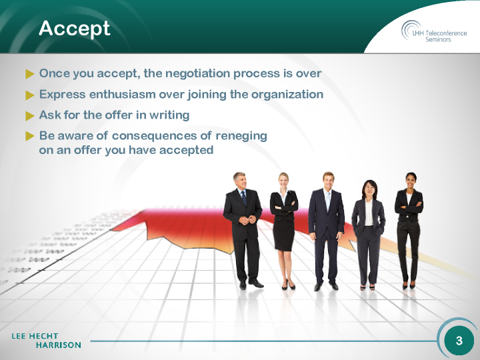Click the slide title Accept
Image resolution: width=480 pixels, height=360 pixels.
[75, 29]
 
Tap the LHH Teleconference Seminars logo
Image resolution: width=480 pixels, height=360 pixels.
[434, 31]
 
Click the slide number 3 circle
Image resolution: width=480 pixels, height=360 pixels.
[459, 341]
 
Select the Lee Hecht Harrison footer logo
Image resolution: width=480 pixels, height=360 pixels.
[47, 341]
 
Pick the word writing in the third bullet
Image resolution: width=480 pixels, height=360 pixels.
[169, 115]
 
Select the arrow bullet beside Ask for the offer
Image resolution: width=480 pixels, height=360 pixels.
[30, 116]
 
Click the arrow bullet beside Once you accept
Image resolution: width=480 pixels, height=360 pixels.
[30, 74]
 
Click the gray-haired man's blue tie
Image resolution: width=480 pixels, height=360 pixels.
[244, 198]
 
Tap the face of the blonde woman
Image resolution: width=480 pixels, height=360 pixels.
[283, 181]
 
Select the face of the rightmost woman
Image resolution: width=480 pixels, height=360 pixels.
[411, 181]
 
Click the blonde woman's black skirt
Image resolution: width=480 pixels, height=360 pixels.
[284, 235]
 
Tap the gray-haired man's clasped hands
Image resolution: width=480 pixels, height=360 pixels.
[247, 219]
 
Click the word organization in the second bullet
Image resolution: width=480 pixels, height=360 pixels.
[287, 95]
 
